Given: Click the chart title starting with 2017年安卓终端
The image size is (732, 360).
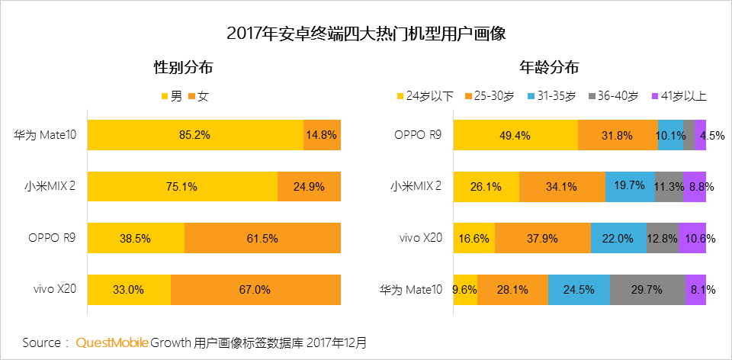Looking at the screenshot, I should coord(366,34).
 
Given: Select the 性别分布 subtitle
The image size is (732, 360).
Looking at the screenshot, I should coord(183,67).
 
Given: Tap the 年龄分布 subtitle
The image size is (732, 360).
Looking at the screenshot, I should coord(549,67).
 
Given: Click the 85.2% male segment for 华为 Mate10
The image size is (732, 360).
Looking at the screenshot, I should coord(195,135).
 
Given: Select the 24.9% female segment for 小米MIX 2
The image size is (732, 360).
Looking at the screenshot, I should coord(309,187).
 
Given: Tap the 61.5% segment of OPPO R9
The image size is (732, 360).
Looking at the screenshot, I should coord(262,238).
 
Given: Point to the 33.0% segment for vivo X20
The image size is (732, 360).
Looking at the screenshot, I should coord(129,290).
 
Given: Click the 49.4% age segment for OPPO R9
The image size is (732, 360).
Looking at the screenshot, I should coord(515,135).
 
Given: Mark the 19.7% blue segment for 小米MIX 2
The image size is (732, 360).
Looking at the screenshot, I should coord(630,187).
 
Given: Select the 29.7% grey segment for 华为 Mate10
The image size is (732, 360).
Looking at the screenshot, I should coord(647,290).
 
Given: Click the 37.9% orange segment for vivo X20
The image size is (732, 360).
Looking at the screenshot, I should coord(543,238).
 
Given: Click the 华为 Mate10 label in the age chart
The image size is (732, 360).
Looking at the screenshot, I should coord(412,290).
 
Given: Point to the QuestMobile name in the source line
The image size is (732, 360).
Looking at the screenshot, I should coord(112,342).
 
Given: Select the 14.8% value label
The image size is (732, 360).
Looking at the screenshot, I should coord(322,135).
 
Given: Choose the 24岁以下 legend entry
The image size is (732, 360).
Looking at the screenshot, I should coord(425,96).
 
